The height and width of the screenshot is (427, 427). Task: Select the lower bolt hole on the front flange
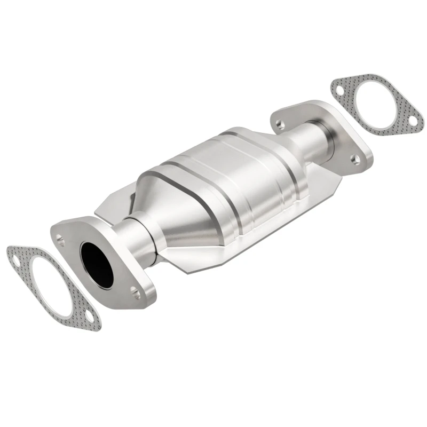point(135,292)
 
